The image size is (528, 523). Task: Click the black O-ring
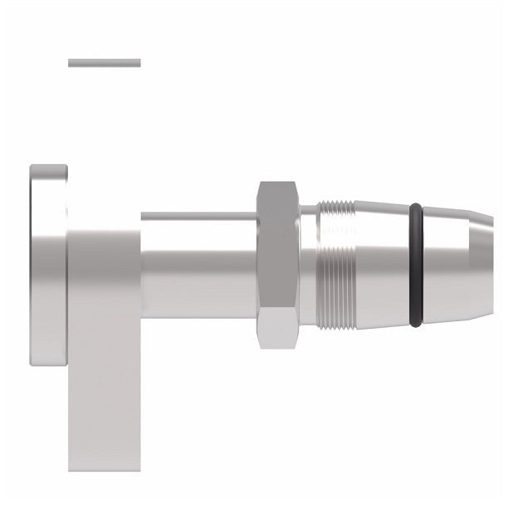click(416, 264)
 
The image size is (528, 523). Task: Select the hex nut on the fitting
click(277, 264)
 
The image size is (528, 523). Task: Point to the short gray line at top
click(105, 62)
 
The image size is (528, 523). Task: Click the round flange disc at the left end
click(48, 264)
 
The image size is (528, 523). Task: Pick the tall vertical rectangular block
click(105, 349)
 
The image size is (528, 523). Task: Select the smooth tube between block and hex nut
click(199, 264)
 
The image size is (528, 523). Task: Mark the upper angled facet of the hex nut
click(277, 198)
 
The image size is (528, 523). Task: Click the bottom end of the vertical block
click(105, 465)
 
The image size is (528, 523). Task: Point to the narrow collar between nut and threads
click(306, 264)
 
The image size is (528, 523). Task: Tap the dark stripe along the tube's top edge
click(199, 216)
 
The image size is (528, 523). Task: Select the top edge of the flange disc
click(48, 167)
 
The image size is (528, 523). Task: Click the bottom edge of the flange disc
click(48, 362)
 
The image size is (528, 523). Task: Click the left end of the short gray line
click(71, 62)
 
